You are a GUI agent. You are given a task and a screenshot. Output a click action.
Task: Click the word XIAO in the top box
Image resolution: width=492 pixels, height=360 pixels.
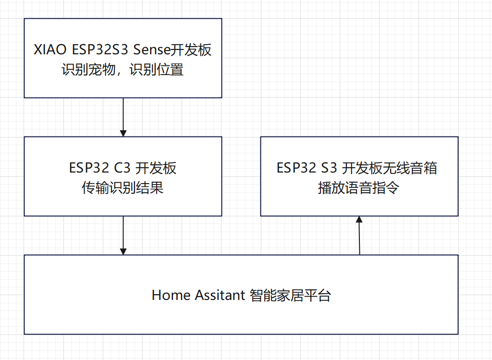click(x=50, y=50)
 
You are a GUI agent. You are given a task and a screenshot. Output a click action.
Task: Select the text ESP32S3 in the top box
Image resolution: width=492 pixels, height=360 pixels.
click(x=100, y=50)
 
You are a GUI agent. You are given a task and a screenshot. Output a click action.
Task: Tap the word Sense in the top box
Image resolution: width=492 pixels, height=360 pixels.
click(x=151, y=50)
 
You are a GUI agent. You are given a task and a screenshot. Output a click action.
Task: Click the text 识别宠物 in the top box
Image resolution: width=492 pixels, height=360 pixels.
click(x=88, y=69)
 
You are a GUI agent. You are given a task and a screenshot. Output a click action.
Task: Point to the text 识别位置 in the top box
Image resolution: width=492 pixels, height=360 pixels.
click(x=156, y=69)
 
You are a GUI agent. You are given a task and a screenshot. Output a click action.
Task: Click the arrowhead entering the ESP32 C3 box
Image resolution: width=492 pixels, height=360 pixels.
click(x=123, y=133)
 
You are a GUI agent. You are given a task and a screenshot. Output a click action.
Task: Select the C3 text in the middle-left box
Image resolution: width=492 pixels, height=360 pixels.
click(x=122, y=168)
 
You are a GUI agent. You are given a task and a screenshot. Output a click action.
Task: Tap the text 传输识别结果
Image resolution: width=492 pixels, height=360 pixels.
click(x=123, y=187)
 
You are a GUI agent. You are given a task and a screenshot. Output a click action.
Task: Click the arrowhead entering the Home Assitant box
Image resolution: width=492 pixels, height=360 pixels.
click(x=123, y=251)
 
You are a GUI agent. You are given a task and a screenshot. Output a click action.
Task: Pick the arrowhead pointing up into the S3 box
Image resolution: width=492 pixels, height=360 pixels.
click(x=359, y=219)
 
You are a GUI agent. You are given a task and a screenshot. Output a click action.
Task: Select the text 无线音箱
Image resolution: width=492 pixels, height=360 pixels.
click(x=410, y=168)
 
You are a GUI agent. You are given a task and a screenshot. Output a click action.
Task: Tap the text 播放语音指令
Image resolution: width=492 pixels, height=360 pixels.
click(x=358, y=187)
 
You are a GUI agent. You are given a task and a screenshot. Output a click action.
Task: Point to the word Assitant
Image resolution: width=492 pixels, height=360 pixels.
click(x=220, y=295)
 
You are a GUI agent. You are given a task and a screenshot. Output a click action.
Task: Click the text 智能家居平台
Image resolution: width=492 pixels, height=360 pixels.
click(x=290, y=295)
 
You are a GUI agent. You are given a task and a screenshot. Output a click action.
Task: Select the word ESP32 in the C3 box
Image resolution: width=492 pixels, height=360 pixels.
click(x=89, y=168)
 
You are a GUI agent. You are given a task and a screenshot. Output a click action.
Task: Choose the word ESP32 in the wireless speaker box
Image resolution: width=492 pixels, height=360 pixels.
click(x=296, y=168)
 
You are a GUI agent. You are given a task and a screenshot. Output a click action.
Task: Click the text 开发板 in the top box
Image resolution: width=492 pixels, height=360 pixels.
click(x=191, y=50)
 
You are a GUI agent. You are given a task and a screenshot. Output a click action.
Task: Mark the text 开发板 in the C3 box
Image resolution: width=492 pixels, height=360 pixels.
click(x=156, y=168)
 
